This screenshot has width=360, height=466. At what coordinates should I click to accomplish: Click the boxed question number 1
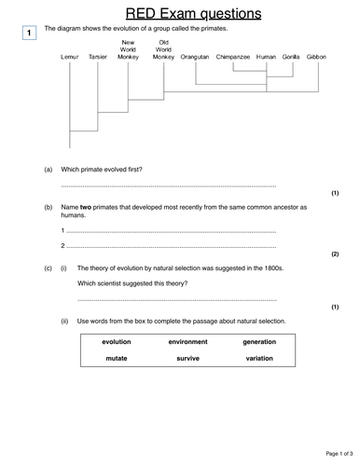click(x=29, y=34)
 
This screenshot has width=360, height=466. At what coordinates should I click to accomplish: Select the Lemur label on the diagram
click(x=69, y=57)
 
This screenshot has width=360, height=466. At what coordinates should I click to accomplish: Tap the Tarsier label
click(x=97, y=57)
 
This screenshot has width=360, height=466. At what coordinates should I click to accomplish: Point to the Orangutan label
click(x=195, y=57)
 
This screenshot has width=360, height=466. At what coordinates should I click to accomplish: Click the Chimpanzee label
click(x=232, y=57)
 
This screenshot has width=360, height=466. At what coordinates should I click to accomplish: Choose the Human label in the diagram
click(x=266, y=57)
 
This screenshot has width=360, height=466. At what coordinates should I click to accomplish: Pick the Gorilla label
click(x=291, y=57)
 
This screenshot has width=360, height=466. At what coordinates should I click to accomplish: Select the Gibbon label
click(x=317, y=57)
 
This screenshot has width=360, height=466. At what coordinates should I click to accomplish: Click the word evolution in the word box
click(x=117, y=342)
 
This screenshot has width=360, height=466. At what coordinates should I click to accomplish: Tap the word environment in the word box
click(x=187, y=342)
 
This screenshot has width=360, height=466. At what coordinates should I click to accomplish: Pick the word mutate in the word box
click(x=117, y=358)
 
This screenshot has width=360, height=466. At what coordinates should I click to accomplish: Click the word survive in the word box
click(x=187, y=358)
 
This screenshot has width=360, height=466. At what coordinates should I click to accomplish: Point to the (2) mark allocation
click(x=335, y=254)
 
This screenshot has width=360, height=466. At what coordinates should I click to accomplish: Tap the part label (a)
click(x=48, y=169)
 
